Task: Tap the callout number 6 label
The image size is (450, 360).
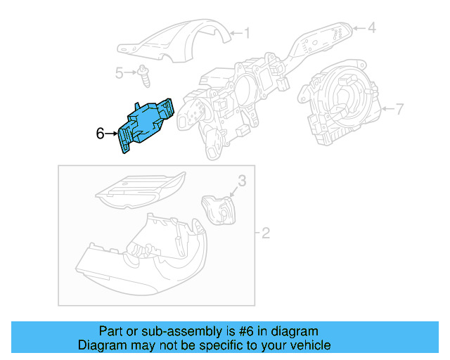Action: (x=100, y=132)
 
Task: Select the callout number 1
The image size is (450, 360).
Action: (x=246, y=32)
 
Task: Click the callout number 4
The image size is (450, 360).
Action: (x=372, y=28)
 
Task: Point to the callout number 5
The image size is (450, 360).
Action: (x=120, y=72)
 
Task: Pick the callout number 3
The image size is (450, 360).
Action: (x=241, y=181)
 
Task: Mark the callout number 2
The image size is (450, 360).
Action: (x=265, y=233)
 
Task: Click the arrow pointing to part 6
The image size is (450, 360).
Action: (x=112, y=132)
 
